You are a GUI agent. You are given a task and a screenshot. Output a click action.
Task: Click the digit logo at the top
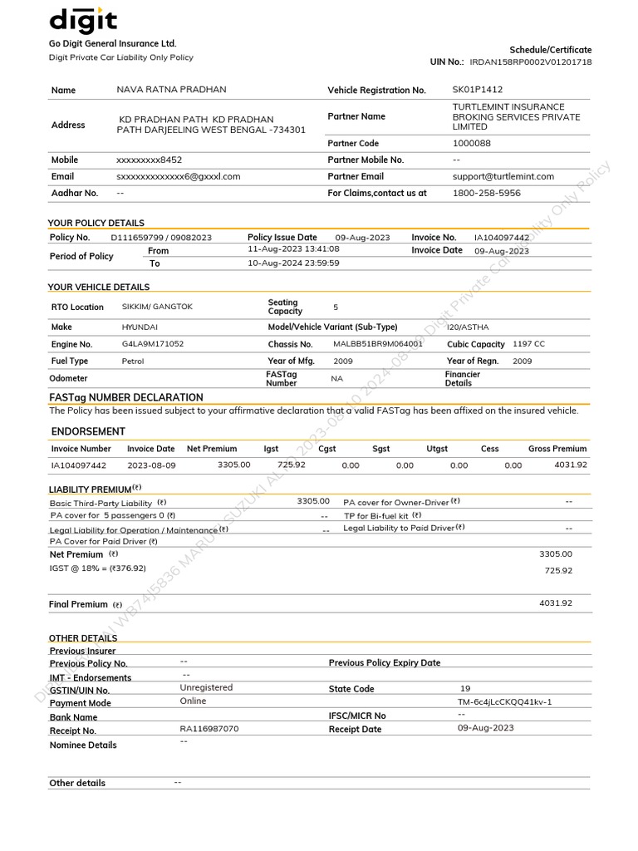coord(82,20)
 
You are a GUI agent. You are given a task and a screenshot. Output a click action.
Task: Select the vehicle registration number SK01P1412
coord(477,90)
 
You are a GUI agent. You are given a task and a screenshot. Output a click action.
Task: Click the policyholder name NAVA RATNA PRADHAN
coord(171,90)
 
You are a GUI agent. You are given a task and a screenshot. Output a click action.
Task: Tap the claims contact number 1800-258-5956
coord(486,193)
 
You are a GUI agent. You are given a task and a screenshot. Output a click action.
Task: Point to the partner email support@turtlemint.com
coord(503,176)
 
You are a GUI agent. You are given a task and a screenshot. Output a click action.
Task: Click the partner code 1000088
coord(471,143)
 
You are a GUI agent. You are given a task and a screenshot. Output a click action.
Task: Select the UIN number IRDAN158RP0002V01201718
coord(530,62)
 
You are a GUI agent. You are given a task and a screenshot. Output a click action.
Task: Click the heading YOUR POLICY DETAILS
coord(96,223)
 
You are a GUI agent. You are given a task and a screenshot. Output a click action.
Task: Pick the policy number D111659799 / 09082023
coord(161,238)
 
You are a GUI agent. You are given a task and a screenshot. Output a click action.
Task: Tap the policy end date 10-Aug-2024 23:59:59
coord(293,263)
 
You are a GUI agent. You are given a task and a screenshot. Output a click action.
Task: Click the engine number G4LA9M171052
coord(153,344)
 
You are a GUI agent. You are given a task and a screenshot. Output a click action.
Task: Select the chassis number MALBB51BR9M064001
coord(378,344)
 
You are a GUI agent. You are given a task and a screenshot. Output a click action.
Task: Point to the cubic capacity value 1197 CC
coord(528,344)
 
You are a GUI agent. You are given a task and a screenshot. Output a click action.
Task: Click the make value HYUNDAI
coord(140,327)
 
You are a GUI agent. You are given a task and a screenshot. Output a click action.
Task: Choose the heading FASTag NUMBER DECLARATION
coord(126,397)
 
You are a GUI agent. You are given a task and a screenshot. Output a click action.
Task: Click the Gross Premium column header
coord(557,449)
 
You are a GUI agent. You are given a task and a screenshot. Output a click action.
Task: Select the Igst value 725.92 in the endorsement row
coord(291,465)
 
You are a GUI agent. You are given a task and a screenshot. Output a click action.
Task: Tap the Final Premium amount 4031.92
coord(556,603)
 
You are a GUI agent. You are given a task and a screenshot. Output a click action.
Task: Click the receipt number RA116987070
coord(209,729)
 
